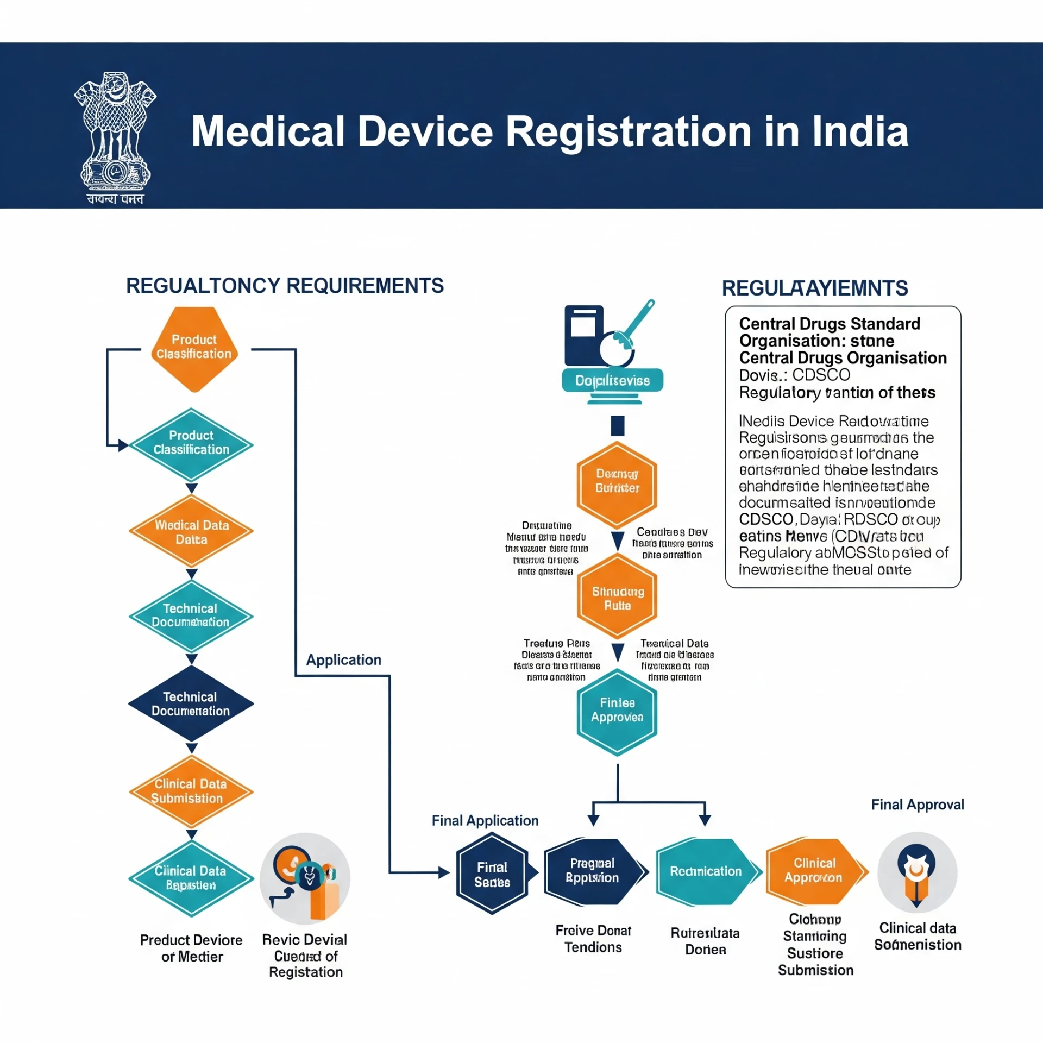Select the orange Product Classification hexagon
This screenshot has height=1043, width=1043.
(x=194, y=348)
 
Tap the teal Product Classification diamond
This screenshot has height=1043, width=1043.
(x=191, y=444)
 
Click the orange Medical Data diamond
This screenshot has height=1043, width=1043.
(x=191, y=531)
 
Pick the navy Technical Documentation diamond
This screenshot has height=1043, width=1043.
(x=191, y=703)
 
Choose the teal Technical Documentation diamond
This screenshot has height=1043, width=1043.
(x=191, y=615)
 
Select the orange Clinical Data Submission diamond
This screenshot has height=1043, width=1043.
(x=191, y=791)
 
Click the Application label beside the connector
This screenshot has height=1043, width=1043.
(x=343, y=659)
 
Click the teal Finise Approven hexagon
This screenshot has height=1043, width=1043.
(x=617, y=711)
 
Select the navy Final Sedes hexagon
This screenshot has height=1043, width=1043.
(x=492, y=874)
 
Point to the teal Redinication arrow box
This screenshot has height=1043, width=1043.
(x=705, y=871)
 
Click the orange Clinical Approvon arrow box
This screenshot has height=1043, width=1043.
(x=814, y=871)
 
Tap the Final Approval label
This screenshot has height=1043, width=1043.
(x=918, y=805)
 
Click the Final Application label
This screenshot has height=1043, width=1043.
(x=485, y=820)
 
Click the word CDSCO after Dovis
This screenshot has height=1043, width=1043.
(x=821, y=375)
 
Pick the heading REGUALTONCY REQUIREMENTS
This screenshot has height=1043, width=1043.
(x=285, y=286)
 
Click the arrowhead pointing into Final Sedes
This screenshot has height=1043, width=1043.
(x=444, y=872)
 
